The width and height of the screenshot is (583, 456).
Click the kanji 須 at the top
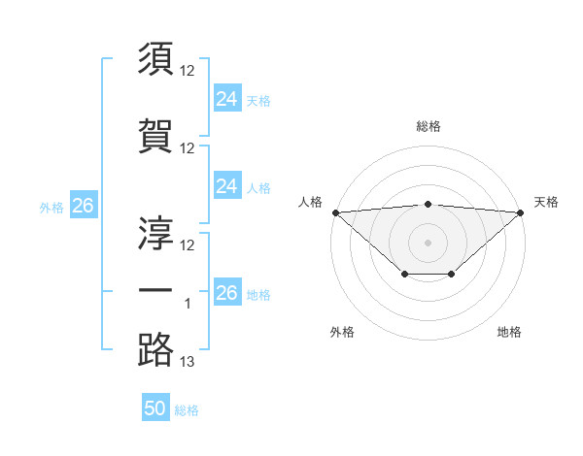coord(156,58)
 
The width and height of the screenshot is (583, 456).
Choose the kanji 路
coord(156,348)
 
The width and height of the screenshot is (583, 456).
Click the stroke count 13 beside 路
coord(188,362)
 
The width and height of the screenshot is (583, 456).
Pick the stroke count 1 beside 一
coord(188,304)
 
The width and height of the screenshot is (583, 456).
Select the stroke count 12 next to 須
coord(188,71)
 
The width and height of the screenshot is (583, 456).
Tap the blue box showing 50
coord(155,409)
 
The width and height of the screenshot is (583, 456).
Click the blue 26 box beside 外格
coord(83,206)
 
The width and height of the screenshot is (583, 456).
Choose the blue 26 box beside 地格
coord(227,293)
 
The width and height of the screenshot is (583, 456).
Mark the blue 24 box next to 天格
coord(227,99)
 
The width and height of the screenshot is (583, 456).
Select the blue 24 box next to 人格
coord(227,186)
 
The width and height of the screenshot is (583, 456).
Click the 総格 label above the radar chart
coord(429,126)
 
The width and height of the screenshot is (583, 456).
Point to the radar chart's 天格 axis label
coord(546,202)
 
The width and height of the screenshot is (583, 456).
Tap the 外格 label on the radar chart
coord(342,332)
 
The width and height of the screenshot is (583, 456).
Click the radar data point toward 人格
coord(335,212)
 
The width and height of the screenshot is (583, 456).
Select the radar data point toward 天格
coord(522,212)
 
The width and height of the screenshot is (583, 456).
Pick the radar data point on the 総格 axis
coord(429,204)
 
